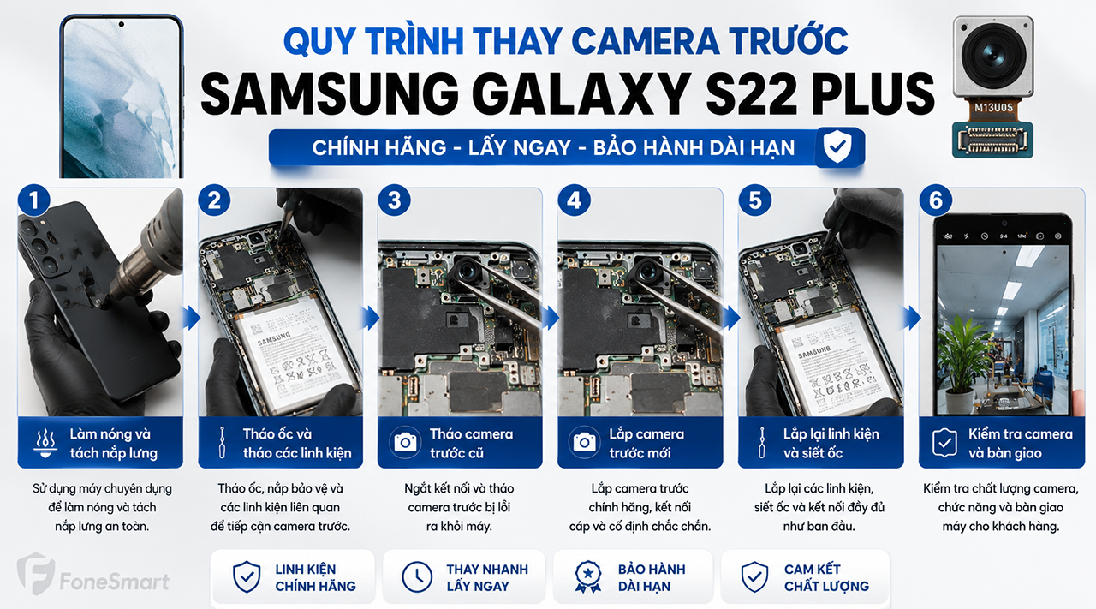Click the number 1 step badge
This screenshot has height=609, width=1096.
[33, 200]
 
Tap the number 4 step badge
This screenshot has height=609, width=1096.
[574, 200]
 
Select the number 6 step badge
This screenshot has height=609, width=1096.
[935, 200]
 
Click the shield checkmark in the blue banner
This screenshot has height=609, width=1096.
[837, 146]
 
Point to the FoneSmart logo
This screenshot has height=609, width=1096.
[93, 574]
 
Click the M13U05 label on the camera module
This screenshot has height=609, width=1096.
[993, 108]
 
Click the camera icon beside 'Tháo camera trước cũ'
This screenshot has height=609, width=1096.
[405, 443]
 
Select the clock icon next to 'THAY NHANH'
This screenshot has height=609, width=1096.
[417, 576]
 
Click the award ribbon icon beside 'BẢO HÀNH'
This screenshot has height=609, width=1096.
[587, 576]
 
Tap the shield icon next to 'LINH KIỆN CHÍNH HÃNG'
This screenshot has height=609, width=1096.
[247, 576]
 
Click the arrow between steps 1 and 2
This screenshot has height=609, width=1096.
[191, 319]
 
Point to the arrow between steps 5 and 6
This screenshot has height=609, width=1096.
[912, 319]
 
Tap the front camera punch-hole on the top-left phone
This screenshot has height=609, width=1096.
[122, 24]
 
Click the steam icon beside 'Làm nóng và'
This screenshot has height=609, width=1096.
[45, 443]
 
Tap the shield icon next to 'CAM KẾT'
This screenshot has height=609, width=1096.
[754, 576]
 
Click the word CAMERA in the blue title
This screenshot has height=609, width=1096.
[646, 40]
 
